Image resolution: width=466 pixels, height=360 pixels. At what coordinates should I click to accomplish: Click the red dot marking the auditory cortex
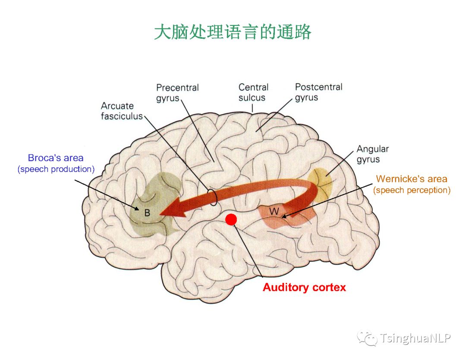click(231, 219)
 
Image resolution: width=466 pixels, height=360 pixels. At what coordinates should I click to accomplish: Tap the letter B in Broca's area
click(147, 213)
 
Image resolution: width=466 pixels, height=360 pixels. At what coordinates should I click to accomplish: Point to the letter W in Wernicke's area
click(274, 211)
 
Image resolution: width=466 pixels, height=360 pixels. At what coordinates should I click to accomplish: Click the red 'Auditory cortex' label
click(304, 287)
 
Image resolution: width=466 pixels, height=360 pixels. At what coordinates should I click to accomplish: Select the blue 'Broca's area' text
click(56, 158)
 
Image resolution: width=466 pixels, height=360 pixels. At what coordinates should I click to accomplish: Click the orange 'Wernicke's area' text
click(411, 178)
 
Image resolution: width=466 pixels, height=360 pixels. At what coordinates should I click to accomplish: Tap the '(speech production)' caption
click(56, 169)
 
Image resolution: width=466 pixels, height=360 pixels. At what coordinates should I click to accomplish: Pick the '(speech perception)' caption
click(412, 190)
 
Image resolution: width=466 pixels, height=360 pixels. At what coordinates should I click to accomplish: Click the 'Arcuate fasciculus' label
click(121, 111)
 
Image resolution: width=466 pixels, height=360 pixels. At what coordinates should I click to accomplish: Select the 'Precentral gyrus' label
click(177, 93)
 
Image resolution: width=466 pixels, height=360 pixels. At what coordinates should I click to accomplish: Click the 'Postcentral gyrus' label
click(318, 92)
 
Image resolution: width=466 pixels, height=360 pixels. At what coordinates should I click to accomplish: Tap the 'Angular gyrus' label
click(372, 154)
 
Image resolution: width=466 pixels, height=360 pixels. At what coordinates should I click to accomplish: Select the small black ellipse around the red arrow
click(212, 197)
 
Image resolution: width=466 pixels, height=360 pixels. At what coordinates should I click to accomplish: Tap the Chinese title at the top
click(233, 32)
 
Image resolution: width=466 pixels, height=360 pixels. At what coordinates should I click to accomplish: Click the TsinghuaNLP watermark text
click(415, 338)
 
